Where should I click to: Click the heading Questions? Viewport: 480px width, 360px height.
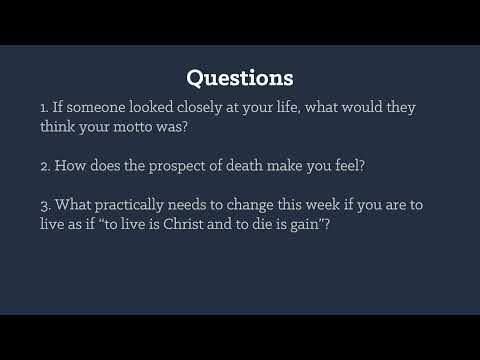[240, 77]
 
